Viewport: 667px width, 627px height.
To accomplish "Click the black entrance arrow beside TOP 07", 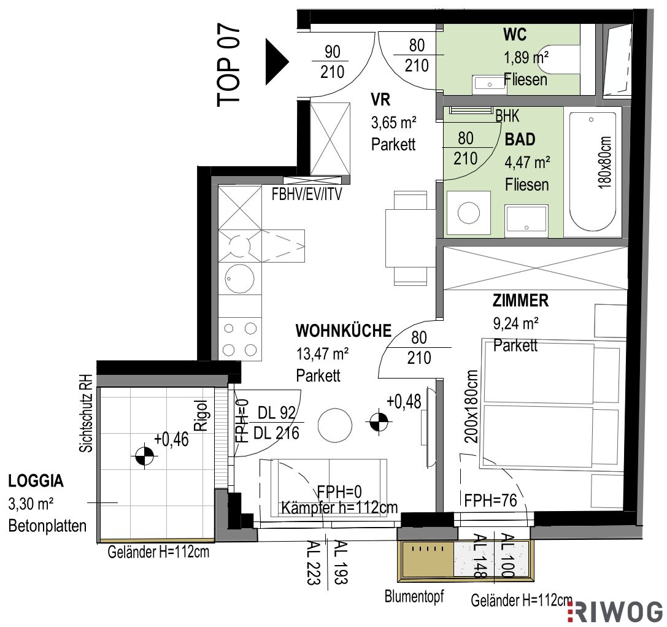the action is pyautogui.click(x=276, y=62).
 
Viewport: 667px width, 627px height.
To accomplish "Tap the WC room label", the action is pyautogui.click(x=515, y=34).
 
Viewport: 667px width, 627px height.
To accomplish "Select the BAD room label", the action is pyautogui.click(x=520, y=139).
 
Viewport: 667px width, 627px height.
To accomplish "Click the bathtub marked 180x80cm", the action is pyautogui.click(x=592, y=171).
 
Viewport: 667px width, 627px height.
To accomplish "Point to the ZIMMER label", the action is pyautogui.click(x=521, y=301).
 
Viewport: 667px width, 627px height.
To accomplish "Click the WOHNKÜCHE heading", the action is pyautogui.click(x=343, y=331).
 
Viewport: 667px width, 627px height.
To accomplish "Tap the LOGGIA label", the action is pyautogui.click(x=36, y=481).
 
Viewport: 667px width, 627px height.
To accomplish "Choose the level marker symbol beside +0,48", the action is pyautogui.click(x=379, y=422).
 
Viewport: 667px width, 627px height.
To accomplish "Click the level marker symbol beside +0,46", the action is pyautogui.click(x=145, y=456).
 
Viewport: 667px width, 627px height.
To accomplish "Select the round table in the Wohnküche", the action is pyautogui.click(x=335, y=425).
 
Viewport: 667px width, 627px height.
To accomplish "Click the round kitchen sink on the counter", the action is pyautogui.click(x=239, y=279).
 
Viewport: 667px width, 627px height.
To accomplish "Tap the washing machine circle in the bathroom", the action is pyautogui.click(x=468, y=213).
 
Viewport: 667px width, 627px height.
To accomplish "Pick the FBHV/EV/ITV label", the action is pyautogui.click(x=307, y=194).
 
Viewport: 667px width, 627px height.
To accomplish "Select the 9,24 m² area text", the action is pyautogui.click(x=516, y=324).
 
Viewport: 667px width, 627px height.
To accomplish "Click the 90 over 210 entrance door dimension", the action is pyautogui.click(x=332, y=62).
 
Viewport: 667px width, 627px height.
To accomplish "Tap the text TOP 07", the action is pyautogui.click(x=229, y=65).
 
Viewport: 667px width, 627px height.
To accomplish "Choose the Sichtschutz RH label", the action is pyautogui.click(x=86, y=413).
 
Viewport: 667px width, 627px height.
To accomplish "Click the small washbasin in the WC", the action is pyautogui.click(x=488, y=85).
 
